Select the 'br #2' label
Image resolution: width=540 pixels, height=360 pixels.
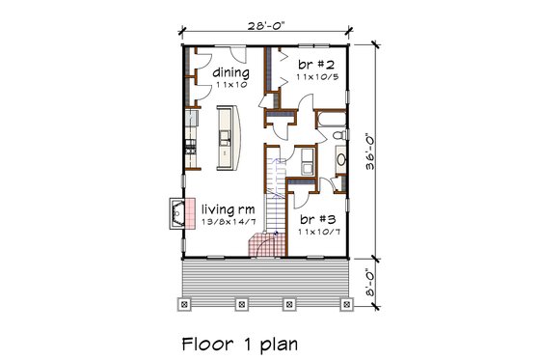[x=312, y=62]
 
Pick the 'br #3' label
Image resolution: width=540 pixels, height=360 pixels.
[x=312, y=220]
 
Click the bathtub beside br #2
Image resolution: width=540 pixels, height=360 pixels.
[x=333, y=121]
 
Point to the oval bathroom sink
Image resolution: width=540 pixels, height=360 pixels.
[x=341, y=159]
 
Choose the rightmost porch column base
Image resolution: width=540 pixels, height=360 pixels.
[x=345, y=305]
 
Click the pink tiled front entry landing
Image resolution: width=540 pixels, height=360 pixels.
[x=258, y=245]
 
